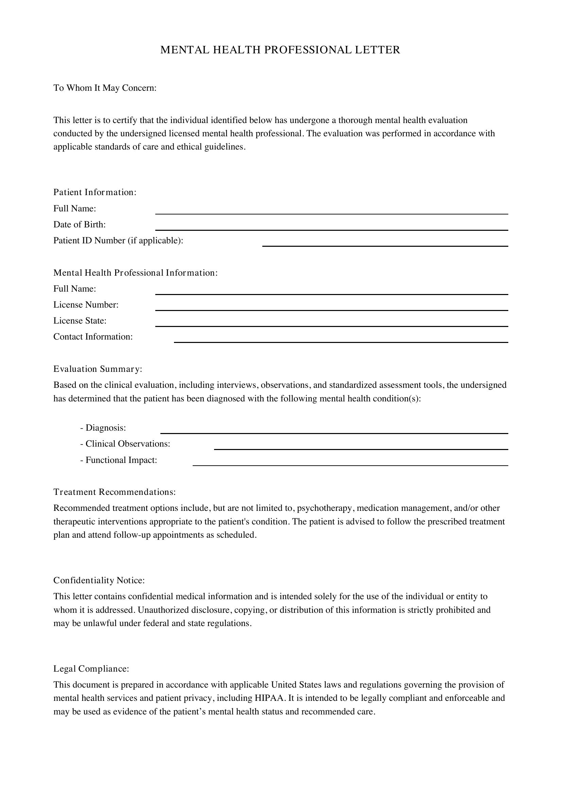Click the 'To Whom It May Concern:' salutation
point(105,88)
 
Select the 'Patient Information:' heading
point(95,192)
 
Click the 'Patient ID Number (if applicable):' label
point(118,240)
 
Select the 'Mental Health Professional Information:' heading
point(135,273)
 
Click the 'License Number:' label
point(86,305)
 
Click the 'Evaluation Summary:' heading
point(98,369)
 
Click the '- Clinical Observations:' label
point(125,444)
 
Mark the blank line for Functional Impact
point(350,463)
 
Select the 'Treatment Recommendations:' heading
point(115,492)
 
